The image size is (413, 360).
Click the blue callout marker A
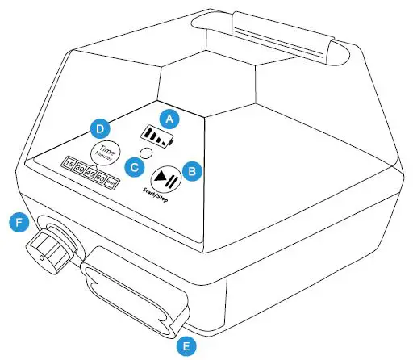point(169,117)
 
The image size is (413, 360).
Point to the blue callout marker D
point(98,128)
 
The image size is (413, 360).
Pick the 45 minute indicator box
point(90,172)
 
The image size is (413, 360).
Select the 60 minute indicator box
point(102,175)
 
